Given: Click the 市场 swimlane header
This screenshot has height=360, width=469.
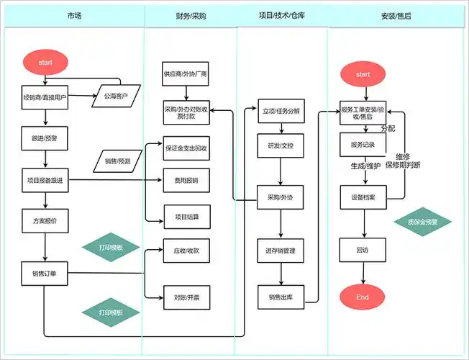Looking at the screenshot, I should click(x=73, y=15).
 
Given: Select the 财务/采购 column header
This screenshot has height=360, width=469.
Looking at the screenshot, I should click(x=190, y=15).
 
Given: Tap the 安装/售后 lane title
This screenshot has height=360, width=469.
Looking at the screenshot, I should click(x=396, y=15).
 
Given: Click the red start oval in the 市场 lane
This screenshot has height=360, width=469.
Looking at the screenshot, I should click(x=45, y=62).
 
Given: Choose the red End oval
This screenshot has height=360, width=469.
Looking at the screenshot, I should click(x=363, y=297).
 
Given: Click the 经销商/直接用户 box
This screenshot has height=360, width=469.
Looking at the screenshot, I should click(x=45, y=96).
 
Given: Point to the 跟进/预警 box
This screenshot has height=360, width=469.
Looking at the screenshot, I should click(x=45, y=137).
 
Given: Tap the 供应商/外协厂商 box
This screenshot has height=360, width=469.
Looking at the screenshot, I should click(x=186, y=74).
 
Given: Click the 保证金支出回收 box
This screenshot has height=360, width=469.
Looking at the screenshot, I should click(x=186, y=148).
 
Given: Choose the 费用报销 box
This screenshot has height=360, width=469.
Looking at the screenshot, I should click(x=186, y=179).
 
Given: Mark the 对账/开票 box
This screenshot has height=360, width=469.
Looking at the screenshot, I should click(x=186, y=296).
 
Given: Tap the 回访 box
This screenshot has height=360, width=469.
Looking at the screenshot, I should click(x=363, y=251).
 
